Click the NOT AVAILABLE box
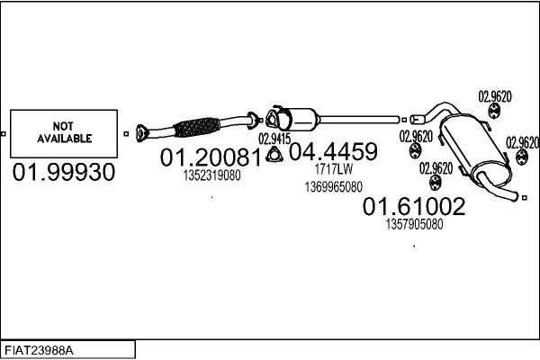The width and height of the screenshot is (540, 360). pos(64,133)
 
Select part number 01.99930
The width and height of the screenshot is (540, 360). pos(64,173)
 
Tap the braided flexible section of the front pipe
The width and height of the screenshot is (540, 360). pos(199,127)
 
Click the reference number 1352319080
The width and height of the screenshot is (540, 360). pos(211,175)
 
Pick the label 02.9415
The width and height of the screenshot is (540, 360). pos(274,139)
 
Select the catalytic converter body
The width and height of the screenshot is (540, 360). pos(301,120)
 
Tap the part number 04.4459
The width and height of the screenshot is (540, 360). pos(332,151)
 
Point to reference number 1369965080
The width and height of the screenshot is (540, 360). pos(332,186)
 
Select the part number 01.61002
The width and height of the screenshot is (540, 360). pos(414,207)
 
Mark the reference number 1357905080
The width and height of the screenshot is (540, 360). pos(414,224)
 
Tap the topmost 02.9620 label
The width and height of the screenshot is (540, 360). pos(494,96)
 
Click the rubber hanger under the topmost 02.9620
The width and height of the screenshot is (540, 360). pos(494,112)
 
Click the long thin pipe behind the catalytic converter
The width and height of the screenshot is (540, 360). pos(360,117)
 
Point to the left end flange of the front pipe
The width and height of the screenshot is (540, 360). pos(139,133)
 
